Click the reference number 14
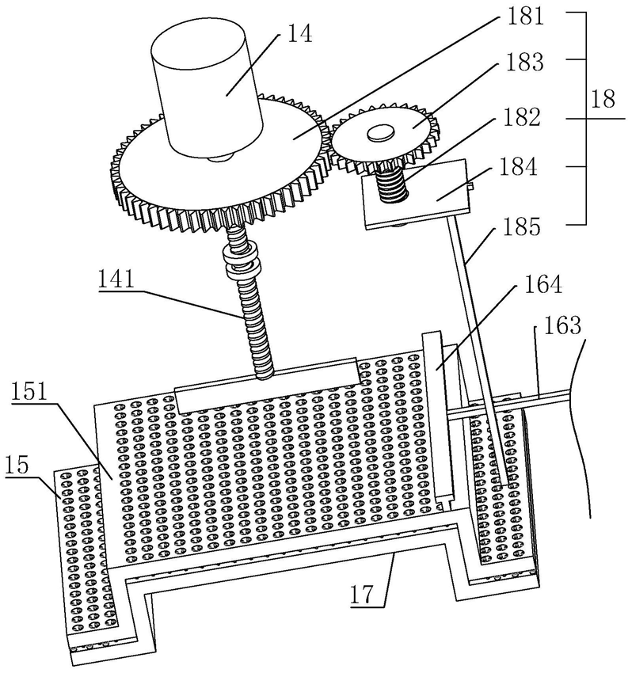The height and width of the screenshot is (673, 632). click(x=299, y=33)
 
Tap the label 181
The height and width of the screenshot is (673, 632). click(x=524, y=17)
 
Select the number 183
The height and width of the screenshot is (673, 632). click(x=524, y=63)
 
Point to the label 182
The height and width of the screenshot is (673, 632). click(x=522, y=116)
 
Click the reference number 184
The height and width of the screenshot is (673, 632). click(x=518, y=166)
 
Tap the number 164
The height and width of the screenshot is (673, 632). click(x=543, y=284)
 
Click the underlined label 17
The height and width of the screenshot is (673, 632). click(x=364, y=594)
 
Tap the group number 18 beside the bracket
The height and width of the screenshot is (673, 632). click(x=603, y=100)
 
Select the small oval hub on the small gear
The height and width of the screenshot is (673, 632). click(x=380, y=133)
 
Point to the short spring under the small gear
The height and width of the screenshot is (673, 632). click(x=391, y=184)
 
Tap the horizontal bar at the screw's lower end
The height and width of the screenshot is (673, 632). click(x=267, y=385)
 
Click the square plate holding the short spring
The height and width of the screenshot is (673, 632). click(x=416, y=193)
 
